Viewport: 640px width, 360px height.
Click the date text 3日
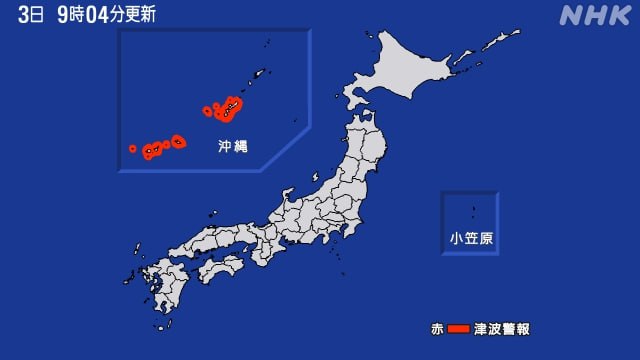(x=31, y=14)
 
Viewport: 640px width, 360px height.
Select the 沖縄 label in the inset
(x=233, y=146)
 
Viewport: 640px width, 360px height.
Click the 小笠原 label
(x=470, y=239)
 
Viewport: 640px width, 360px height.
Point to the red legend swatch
(x=458, y=328)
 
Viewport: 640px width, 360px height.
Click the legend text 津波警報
(x=502, y=328)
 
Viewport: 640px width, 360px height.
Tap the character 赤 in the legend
(x=437, y=328)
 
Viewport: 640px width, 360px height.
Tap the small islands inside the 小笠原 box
(x=472, y=212)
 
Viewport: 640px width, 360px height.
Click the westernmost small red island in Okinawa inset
(x=132, y=149)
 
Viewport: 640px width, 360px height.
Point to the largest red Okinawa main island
(x=229, y=107)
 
